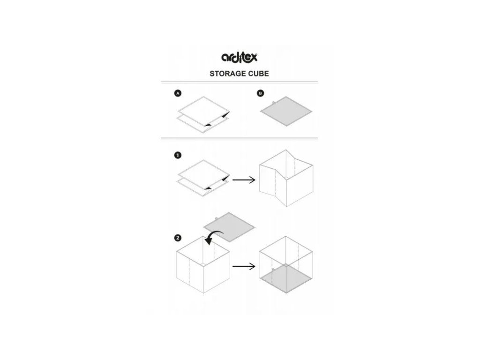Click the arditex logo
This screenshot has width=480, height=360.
pos(239,57)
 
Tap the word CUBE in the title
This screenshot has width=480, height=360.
pos(259,74)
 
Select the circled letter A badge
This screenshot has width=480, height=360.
pos(178,94)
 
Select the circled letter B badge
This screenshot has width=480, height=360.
pos(261,94)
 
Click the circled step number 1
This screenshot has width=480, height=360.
pos(178,156)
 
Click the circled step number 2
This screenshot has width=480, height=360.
pos(178,238)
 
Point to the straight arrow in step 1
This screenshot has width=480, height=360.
pos(244,180)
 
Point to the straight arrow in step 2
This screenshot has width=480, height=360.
pos(244,267)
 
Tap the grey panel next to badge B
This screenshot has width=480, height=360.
pos(286,112)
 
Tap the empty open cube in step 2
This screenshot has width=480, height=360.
pos(203,265)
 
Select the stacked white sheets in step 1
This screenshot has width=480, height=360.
pos(202,178)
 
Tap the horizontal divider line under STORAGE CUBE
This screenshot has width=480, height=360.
pos(239,82)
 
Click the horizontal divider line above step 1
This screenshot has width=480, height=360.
pos(239,138)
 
